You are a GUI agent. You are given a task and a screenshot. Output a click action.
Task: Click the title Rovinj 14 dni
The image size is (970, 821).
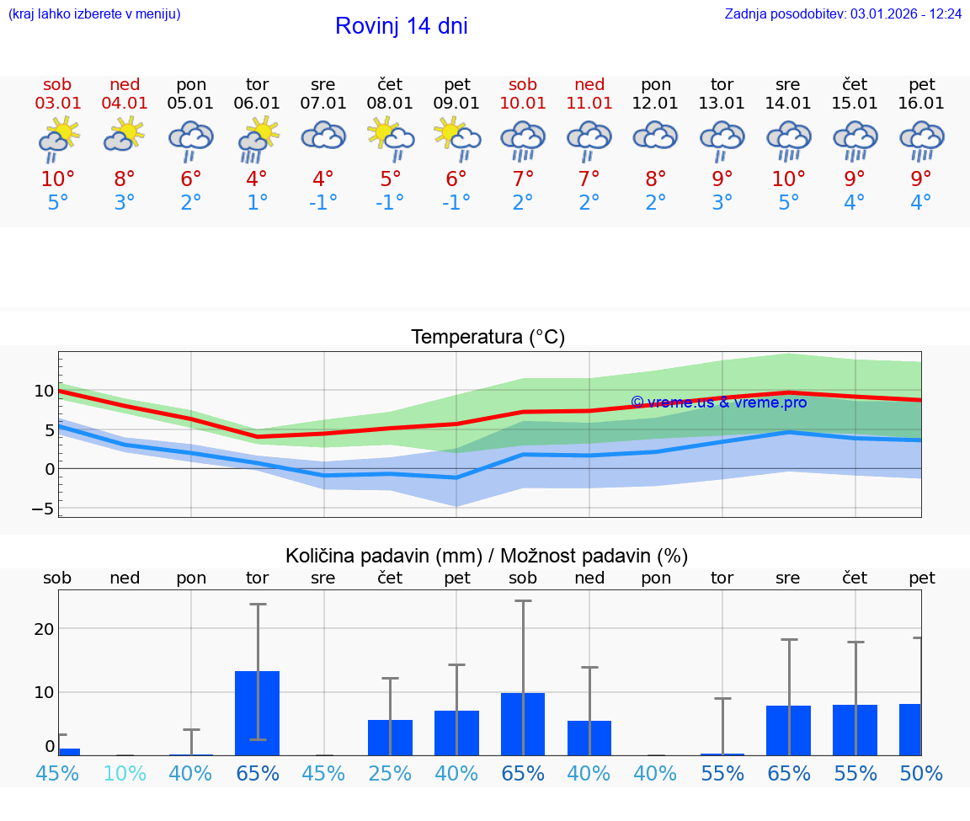tap(401, 26)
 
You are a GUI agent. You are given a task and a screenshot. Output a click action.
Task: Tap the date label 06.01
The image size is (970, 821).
tap(257, 104)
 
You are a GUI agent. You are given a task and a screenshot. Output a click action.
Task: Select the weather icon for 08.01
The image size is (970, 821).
tap(390, 138)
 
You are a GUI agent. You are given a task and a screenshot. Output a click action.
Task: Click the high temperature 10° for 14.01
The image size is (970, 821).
tap(788, 179)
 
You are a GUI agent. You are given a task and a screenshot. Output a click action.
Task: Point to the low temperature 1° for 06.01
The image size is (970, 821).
tap(257, 203)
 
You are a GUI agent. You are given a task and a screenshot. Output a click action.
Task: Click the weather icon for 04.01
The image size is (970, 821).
tap(125, 135)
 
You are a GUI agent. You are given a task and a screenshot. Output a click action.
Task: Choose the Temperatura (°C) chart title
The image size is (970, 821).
tap(488, 338)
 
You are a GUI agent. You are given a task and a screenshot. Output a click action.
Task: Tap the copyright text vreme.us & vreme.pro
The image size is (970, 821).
tap(719, 403)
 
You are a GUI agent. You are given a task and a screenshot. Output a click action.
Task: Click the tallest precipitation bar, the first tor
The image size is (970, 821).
tap(257, 712)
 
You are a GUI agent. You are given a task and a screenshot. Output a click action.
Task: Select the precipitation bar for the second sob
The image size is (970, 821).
tap(523, 723)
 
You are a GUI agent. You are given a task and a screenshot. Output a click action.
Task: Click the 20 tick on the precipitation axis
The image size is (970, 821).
tap(44, 629)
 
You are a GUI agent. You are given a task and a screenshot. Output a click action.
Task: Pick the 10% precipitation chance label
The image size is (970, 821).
tap(125, 773)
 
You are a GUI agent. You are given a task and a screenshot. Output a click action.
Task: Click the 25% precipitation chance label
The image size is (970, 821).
tap(390, 773)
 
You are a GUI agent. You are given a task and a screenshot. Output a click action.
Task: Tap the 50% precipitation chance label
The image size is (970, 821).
tap(921, 773)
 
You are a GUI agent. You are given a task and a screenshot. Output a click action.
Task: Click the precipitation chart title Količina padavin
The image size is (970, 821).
tap(487, 556)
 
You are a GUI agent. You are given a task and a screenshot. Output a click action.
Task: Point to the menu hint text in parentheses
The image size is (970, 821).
tap(94, 13)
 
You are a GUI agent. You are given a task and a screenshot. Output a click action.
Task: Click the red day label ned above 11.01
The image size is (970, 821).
tap(589, 84)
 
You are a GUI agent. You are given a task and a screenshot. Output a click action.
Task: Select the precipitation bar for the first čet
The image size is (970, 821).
tap(390, 737)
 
